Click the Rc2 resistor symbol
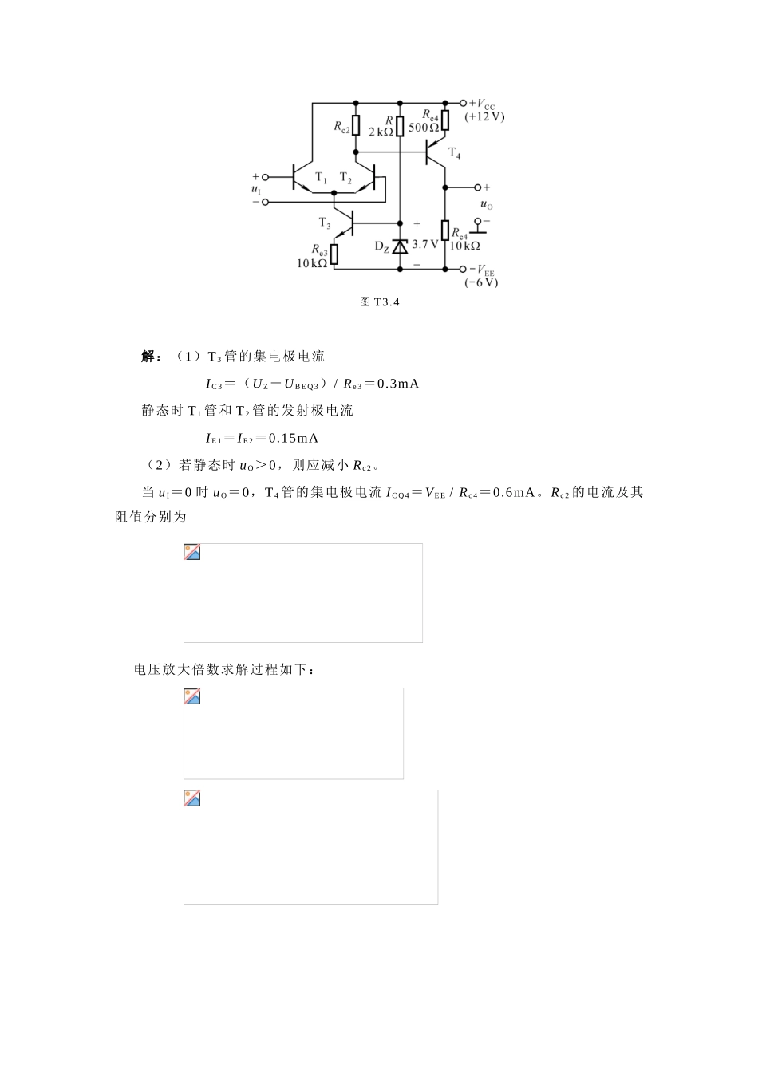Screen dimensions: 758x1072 click(x=356, y=127)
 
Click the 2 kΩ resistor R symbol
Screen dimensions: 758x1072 click(x=400, y=127)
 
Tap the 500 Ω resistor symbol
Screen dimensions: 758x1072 click(x=445, y=120)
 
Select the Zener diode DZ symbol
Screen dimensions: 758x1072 click(x=400, y=246)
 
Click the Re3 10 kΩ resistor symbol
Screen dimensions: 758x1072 click(x=334, y=254)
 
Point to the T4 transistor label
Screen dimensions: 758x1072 click(x=454, y=153)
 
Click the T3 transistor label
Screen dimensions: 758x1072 click(x=325, y=223)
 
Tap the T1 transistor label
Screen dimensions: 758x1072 click(x=321, y=177)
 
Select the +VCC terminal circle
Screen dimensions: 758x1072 click(x=464, y=103)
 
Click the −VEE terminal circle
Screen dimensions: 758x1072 click(x=464, y=269)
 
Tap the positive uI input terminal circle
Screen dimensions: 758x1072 click(x=266, y=177)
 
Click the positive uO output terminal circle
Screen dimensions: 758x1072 click(x=478, y=187)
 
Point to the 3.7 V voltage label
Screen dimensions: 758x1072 click(x=425, y=244)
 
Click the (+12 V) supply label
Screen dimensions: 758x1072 click(x=484, y=116)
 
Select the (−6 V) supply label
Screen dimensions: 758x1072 click(x=481, y=282)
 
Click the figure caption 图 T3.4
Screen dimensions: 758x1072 click(x=379, y=302)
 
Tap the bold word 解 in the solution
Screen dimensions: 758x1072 click(x=149, y=356)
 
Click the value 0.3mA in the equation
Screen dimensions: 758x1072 click(x=397, y=384)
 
